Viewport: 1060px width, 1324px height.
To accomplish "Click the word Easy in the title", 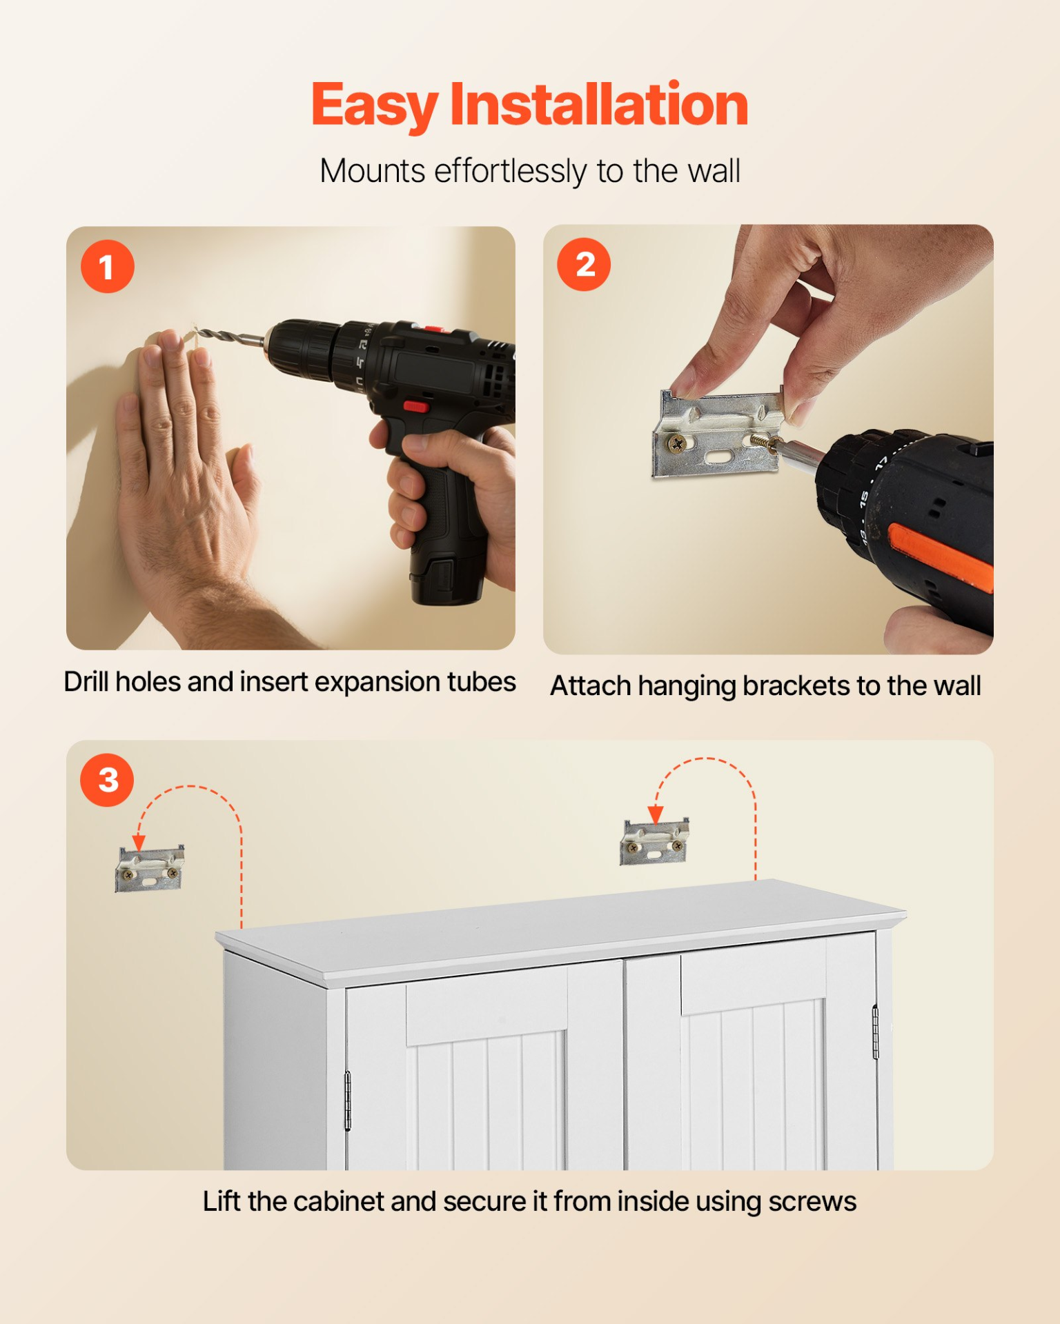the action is click(375, 106).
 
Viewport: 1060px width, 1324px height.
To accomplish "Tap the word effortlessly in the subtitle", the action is click(510, 172).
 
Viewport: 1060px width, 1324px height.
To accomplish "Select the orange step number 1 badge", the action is click(107, 267).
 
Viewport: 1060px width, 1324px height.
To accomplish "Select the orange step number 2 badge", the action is click(584, 264).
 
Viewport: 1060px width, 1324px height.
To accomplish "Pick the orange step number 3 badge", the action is click(107, 780).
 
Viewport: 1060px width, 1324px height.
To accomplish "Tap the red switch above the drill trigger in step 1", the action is click(415, 406).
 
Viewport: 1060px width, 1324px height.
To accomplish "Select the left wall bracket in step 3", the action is click(150, 868).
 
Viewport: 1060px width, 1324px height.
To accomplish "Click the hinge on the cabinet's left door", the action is click(348, 1101).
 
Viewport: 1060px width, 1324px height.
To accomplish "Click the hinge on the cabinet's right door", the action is click(875, 1032).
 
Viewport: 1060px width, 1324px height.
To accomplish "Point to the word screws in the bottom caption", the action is click(812, 1202).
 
